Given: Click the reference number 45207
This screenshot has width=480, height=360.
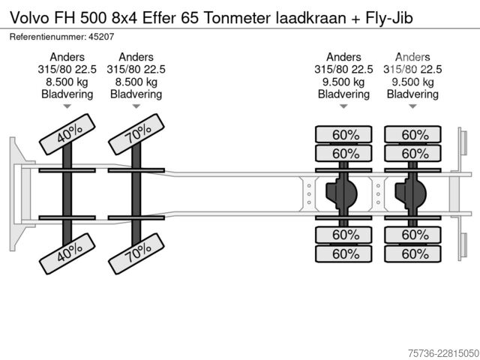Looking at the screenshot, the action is tap(101, 37).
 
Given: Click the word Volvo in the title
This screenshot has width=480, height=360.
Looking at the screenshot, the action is tap(29, 18).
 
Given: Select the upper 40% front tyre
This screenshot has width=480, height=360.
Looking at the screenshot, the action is tap(67, 134).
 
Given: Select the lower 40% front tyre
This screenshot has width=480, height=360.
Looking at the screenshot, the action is tap(67, 253).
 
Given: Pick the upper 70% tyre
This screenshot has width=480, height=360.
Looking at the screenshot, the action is tap(136, 134).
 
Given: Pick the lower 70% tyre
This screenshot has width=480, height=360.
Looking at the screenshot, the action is tap(136, 253).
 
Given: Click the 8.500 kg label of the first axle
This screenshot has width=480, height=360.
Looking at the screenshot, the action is tap(67, 82).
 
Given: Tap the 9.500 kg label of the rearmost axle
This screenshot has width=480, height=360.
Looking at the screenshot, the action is tap(412, 82).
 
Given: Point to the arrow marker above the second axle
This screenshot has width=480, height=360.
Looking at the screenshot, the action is tap(136, 106).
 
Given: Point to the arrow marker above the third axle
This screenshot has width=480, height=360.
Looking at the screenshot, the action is tap(343, 106).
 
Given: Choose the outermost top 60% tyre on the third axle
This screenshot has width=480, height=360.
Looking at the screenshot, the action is tap(343, 134).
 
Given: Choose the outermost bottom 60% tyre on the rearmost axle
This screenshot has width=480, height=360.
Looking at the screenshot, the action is tap(412, 253).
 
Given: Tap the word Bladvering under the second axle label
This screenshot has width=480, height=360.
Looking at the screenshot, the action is tap(136, 94).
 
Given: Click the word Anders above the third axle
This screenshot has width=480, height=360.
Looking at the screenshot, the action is tap(343, 57).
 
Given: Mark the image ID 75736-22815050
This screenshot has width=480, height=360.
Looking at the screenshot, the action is tap(443, 353).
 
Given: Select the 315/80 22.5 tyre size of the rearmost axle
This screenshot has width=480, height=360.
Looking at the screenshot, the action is tap(412, 70).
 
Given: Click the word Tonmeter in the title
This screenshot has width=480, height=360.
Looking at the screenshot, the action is tap(237, 18).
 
